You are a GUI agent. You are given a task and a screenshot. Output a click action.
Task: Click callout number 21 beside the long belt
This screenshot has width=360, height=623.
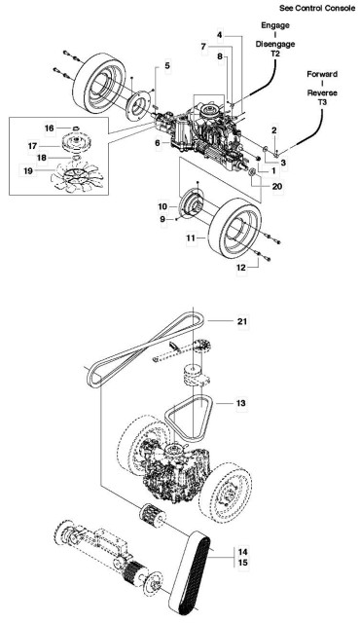243,320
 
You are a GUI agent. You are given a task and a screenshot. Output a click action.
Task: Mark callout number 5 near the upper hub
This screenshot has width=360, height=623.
166,66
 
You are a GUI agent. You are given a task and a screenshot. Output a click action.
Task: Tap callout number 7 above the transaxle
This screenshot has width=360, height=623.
203,47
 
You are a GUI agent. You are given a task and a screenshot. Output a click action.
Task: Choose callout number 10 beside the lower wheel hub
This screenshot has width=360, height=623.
164,207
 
